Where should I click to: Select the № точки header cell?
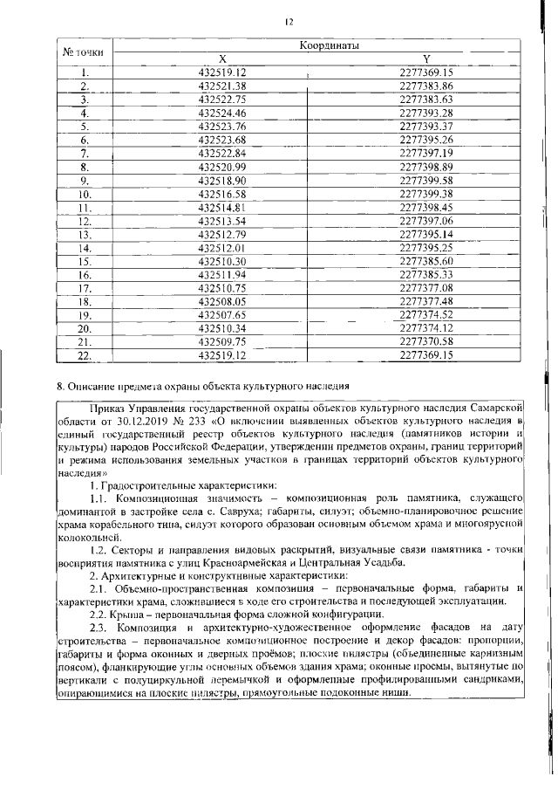point(85,52)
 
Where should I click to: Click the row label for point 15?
point(85,261)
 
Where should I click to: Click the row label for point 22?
point(85,355)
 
